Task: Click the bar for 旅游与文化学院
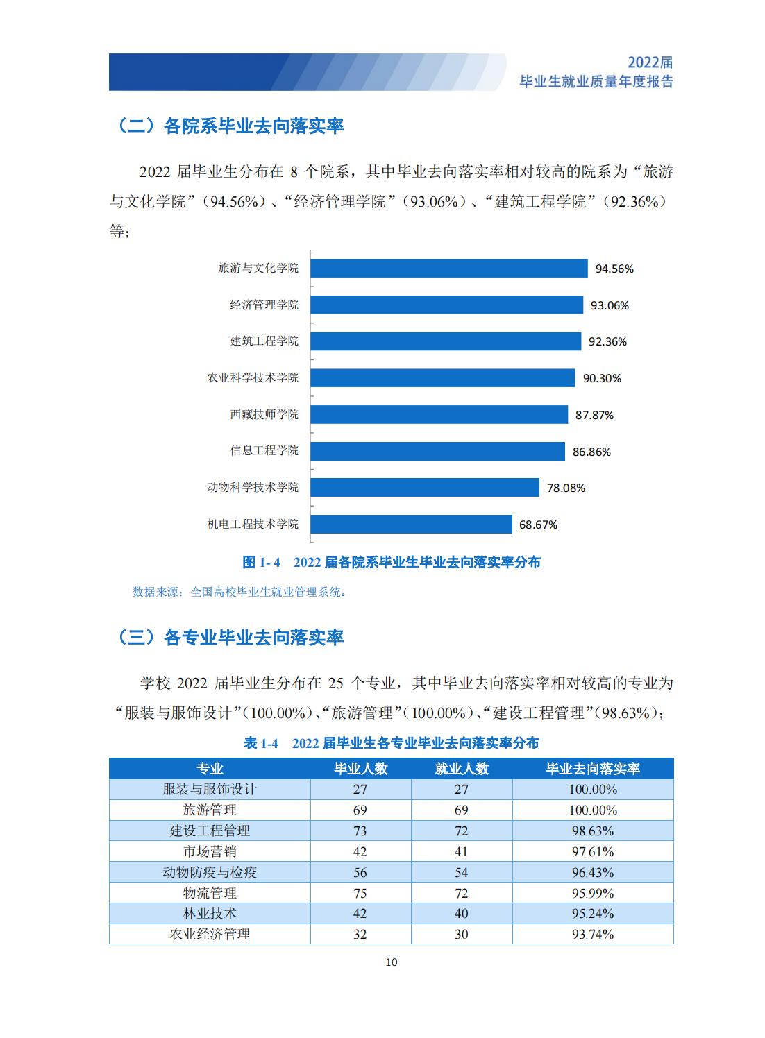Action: (x=449, y=269)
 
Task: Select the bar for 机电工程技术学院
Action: (x=411, y=524)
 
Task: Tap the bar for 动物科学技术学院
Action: (x=425, y=488)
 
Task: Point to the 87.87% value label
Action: (x=594, y=415)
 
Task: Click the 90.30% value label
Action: (x=602, y=378)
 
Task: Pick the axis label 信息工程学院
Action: (x=264, y=450)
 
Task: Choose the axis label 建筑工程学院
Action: (x=264, y=341)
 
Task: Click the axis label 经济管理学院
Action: (x=264, y=305)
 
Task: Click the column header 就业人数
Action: (x=462, y=769)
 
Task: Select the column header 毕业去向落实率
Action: (x=593, y=769)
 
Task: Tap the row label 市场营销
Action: (x=210, y=851)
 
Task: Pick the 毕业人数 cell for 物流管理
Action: (x=360, y=893)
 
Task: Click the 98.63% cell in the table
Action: (x=593, y=831)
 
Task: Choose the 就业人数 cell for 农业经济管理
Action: (x=462, y=934)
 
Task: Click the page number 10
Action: (x=392, y=962)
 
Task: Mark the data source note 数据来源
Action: (x=239, y=592)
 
